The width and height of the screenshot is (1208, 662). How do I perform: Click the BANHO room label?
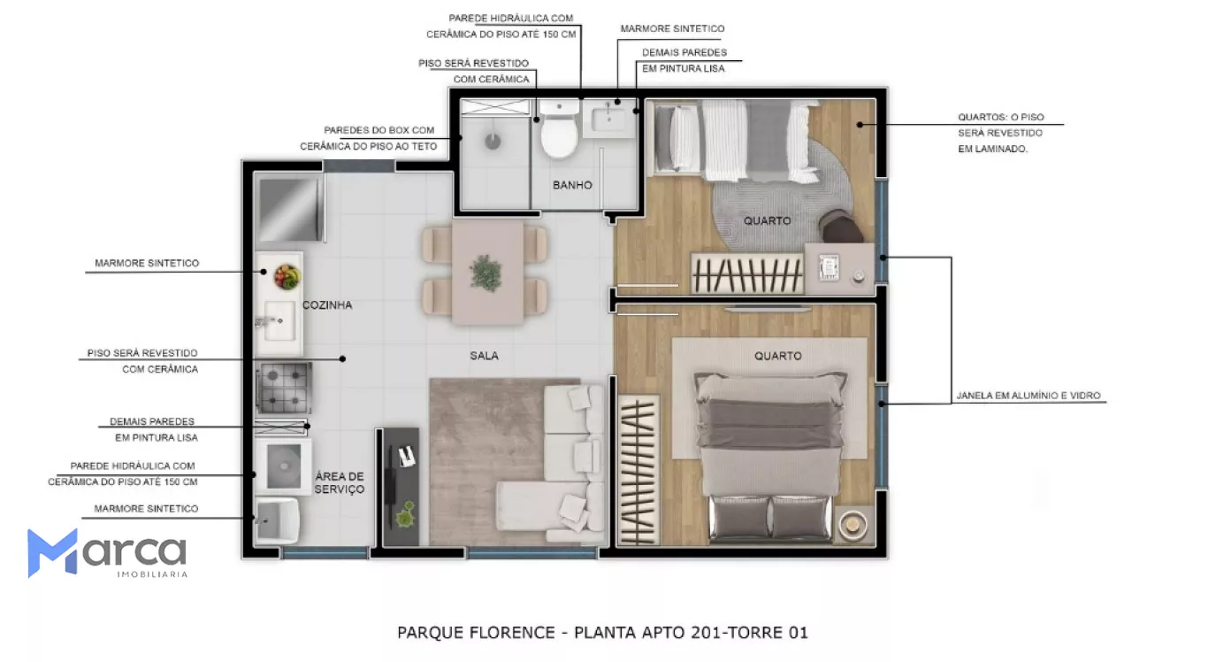tap(572, 185)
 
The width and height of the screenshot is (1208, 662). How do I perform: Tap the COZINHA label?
tap(327, 305)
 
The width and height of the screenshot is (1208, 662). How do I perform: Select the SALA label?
tap(484, 356)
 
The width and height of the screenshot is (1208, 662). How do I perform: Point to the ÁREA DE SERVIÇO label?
tap(340, 483)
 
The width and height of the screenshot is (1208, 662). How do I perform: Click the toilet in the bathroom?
tap(559, 128)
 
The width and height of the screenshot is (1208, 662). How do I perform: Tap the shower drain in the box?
tap(493, 142)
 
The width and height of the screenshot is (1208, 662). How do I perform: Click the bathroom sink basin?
tap(608, 119)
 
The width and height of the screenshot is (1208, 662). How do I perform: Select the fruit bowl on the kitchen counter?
tap(287, 277)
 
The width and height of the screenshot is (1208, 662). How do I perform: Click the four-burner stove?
tap(283, 388)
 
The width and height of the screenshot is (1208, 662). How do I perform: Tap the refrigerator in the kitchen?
tap(290, 210)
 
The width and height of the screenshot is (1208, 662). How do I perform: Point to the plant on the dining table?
tap(485, 273)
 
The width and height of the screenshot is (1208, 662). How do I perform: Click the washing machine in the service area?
tap(283, 466)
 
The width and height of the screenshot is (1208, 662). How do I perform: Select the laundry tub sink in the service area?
tap(277, 520)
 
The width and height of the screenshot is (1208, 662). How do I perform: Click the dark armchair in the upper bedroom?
tap(839, 226)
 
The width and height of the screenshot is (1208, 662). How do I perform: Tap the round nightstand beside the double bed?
tap(852, 523)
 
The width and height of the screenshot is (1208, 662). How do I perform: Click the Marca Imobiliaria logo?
tap(107, 553)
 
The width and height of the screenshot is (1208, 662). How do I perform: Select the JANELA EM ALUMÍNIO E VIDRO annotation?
tap(1028, 396)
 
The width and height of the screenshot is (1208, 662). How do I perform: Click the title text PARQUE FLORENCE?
tap(476, 632)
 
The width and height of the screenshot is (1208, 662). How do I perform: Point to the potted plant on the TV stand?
tap(405, 515)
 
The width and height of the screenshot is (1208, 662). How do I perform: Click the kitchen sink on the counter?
tap(279, 320)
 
